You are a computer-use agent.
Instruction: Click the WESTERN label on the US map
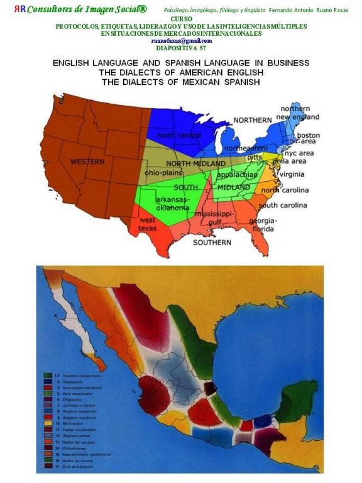[x=87, y=162]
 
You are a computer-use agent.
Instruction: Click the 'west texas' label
[x=147, y=224]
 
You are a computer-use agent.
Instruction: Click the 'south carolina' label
[x=283, y=206]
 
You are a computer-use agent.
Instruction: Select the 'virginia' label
[x=292, y=174]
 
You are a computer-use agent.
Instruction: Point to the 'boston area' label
[x=308, y=138]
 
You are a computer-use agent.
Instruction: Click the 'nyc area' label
[x=299, y=153]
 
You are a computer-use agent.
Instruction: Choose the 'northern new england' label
[x=300, y=113]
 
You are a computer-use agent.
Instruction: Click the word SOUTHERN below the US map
[x=212, y=242]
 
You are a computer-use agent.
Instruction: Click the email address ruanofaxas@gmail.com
[x=182, y=41]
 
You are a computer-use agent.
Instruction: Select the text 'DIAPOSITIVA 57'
[x=181, y=48]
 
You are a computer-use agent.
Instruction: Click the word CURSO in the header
[x=181, y=19]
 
